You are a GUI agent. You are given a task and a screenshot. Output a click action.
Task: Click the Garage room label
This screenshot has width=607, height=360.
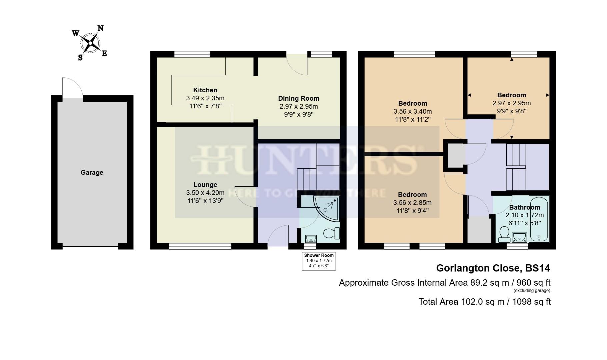[x=92, y=172]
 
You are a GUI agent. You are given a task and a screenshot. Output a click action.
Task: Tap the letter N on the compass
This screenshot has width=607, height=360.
[x=100, y=28]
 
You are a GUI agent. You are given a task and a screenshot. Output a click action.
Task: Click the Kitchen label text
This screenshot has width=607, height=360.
[x=205, y=90]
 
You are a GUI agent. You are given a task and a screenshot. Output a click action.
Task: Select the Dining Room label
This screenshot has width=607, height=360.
[x=299, y=98]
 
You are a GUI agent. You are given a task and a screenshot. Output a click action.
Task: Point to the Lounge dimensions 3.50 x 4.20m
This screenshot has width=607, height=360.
[x=205, y=193]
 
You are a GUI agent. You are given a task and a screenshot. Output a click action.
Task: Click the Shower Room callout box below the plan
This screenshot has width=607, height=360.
[x=319, y=261]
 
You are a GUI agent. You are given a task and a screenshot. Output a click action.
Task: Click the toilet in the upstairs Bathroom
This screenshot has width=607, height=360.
[x=504, y=234]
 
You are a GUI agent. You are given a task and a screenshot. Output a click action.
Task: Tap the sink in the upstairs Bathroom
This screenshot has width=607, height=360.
[x=519, y=237]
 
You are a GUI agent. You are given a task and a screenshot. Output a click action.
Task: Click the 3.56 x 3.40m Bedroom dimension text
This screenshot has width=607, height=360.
[x=412, y=111]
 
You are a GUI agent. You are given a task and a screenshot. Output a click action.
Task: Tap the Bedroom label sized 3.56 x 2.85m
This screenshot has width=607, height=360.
[x=412, y=194]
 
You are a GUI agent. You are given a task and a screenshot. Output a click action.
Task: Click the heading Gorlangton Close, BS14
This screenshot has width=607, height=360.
[x=493, y=268]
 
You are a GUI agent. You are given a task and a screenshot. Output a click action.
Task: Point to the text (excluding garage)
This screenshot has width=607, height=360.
[x=532, y=291]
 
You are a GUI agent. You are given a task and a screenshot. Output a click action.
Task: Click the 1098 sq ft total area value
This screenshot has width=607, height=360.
[x=531, y=302]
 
